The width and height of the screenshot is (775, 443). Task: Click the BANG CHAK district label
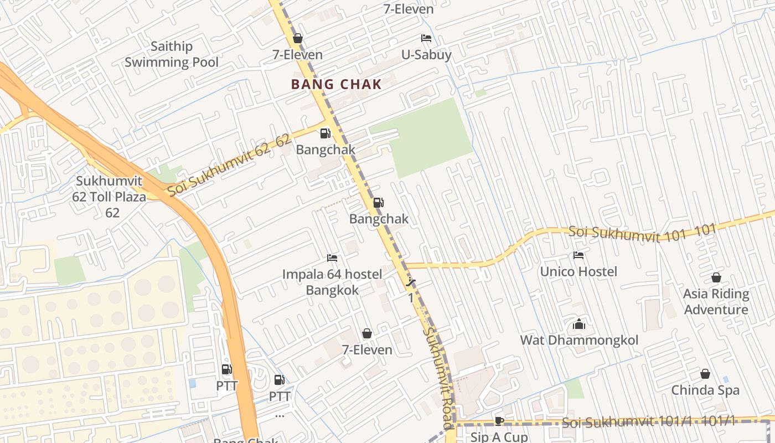[336, 84]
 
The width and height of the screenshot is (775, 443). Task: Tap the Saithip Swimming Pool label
[171, 54]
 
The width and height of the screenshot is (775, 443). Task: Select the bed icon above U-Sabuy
[426, 38]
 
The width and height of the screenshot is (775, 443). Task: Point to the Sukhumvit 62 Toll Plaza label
[109, 196]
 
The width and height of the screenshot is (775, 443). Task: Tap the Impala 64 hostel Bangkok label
[332, 282]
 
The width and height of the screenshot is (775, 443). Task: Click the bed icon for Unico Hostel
[578, 255]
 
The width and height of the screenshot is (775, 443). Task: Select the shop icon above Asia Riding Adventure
[716, 277]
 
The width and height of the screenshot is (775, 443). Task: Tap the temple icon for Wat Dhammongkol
[579, 324]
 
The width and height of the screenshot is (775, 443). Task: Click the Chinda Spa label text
[705, 390]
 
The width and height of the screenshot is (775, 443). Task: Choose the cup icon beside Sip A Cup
[499, 421]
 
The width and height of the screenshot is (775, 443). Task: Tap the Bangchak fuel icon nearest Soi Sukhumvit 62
[325, 133]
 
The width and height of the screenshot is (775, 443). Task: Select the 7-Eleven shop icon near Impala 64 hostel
[366, 333]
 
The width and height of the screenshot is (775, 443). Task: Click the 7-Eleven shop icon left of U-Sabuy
[297, 38]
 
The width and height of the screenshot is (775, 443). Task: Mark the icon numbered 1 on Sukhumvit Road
[411, 283]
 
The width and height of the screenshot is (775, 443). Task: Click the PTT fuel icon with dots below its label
[280, 380]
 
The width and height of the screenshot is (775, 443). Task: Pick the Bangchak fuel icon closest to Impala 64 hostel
[378, 203]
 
